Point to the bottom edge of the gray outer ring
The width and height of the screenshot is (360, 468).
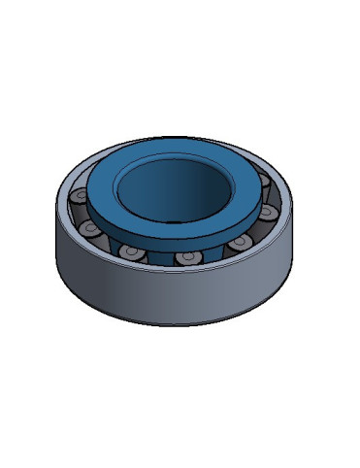click(x=175, y=324)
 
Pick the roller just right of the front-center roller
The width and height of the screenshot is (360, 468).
click(x=238, y=247)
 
